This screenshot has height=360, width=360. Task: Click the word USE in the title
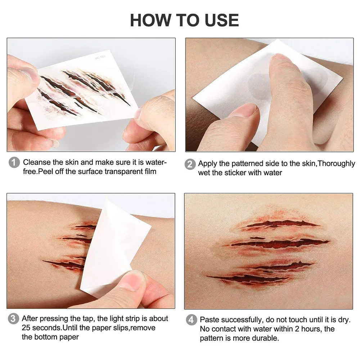222,20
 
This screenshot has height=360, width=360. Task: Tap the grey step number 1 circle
14,163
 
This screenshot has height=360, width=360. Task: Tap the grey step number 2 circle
190,164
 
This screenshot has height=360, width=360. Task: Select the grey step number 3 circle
13,319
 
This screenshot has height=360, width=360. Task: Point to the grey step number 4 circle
191,320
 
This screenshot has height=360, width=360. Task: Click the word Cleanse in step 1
37,162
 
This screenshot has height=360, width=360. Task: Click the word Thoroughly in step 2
336,164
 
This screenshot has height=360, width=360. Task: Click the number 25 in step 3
26,328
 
